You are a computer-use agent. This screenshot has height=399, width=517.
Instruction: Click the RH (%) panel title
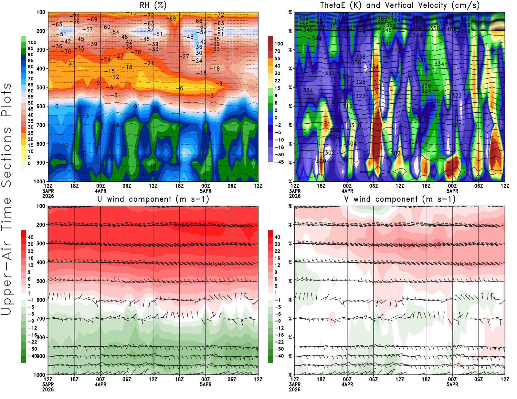click(x=153, y=5)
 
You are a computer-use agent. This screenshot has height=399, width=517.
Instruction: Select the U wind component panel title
click(x=153, y=199)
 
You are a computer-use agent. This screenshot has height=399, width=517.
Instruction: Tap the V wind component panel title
click(x=400, y=199)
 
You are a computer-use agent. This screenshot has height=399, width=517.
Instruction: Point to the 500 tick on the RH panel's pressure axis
click(x=41, y=87)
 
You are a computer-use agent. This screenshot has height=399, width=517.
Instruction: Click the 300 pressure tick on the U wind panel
click(x=41, y=243)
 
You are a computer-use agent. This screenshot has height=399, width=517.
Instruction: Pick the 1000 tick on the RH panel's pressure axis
click(x=39, y=181)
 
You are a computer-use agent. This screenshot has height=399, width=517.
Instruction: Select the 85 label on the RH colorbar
click(x=30, y=60)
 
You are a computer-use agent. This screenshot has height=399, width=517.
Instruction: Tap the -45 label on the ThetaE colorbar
click(x=279, y=162)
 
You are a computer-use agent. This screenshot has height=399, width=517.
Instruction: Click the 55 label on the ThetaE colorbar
click(x=277, y=58)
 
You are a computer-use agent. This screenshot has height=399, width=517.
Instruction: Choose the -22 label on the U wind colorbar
click(x=32, y=342)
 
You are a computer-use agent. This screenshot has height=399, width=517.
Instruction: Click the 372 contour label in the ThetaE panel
click(x=395, y=15)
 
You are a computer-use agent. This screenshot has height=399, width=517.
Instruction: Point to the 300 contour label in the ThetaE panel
click(x=321, y=161)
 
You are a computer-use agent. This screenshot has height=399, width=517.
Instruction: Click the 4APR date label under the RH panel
click(x=100, y=191)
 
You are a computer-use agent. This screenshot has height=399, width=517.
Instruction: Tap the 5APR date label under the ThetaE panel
click(x=452, y=191)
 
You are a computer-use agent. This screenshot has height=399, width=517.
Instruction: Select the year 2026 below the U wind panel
click(x=48, y=389)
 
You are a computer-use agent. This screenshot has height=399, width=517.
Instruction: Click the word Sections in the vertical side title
click(x=6, y=157)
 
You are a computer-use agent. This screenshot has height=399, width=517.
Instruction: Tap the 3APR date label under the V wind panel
click(x=295, y=384)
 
